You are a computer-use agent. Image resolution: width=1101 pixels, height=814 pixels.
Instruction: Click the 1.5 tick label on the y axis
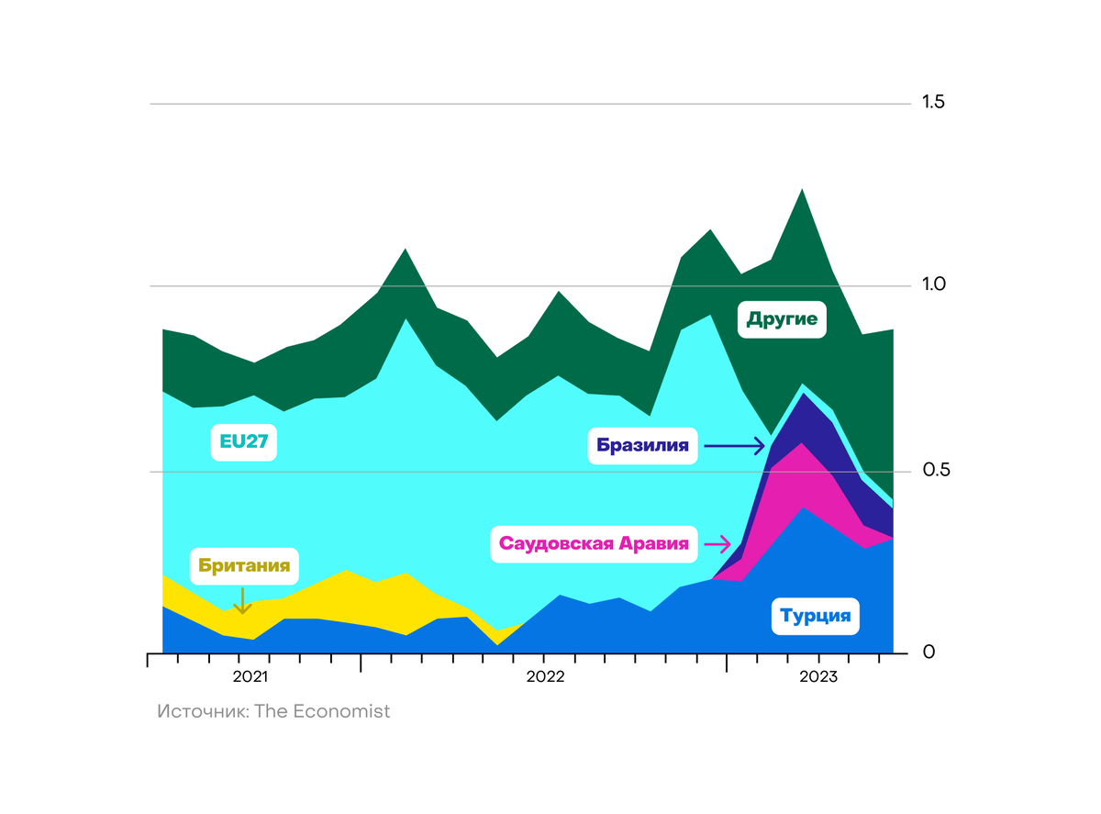933,102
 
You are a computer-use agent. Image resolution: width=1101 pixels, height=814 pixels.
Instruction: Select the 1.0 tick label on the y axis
933,285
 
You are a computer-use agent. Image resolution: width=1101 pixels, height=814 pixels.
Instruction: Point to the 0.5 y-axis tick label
933,470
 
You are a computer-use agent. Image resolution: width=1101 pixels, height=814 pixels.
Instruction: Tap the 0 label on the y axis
929,652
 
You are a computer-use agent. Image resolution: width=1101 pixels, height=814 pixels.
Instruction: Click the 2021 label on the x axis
250,678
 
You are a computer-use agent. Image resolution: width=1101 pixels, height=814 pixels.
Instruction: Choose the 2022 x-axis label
544,678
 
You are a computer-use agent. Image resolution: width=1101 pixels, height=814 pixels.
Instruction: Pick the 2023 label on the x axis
817,678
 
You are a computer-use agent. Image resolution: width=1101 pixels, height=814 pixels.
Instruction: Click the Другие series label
783,319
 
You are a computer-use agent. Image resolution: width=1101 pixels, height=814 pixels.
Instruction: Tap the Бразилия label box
642,446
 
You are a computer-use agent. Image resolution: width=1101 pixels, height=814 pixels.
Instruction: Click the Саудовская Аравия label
594,543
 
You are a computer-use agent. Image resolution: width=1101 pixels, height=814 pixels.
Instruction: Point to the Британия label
245,566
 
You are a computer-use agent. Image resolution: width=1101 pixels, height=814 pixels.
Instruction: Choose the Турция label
816,616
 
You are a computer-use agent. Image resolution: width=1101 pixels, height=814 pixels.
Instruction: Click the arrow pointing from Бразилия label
734,446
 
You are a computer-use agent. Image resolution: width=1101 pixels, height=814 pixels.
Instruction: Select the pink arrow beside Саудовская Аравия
717,543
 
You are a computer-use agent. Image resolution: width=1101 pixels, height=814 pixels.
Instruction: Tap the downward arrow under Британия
242,600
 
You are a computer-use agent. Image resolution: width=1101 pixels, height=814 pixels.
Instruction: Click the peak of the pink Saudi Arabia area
803,443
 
